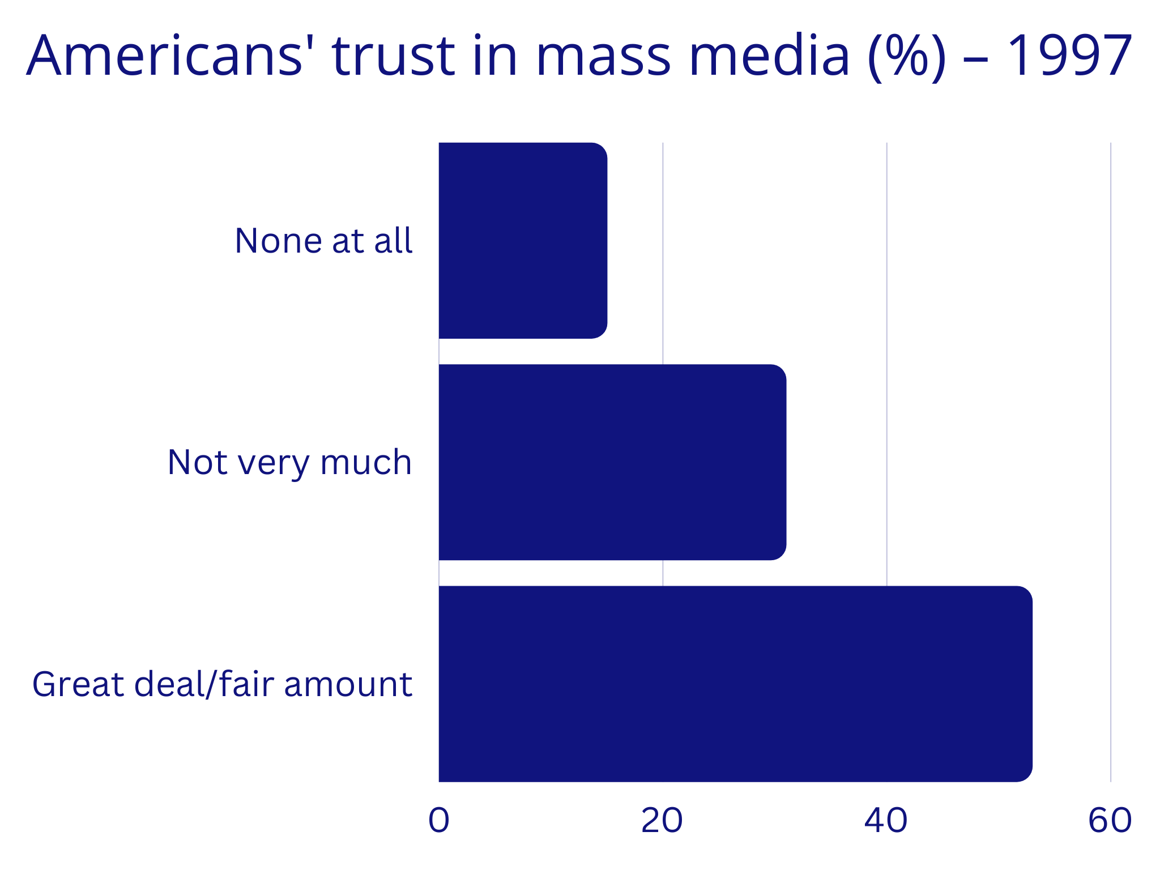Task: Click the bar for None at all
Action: coord(523,241)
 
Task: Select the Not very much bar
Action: coord(612,462)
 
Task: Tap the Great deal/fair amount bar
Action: coord(735,684)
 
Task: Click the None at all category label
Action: coord(323,241)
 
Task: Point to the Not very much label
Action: coord(289,462)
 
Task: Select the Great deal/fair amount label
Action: coord(222,684)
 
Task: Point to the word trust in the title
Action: coord(393,57)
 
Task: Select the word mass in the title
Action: coord(603,57)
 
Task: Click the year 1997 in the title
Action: coord(1069,57)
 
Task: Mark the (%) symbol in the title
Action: coord(906,57)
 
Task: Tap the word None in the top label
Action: coord(279,241)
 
